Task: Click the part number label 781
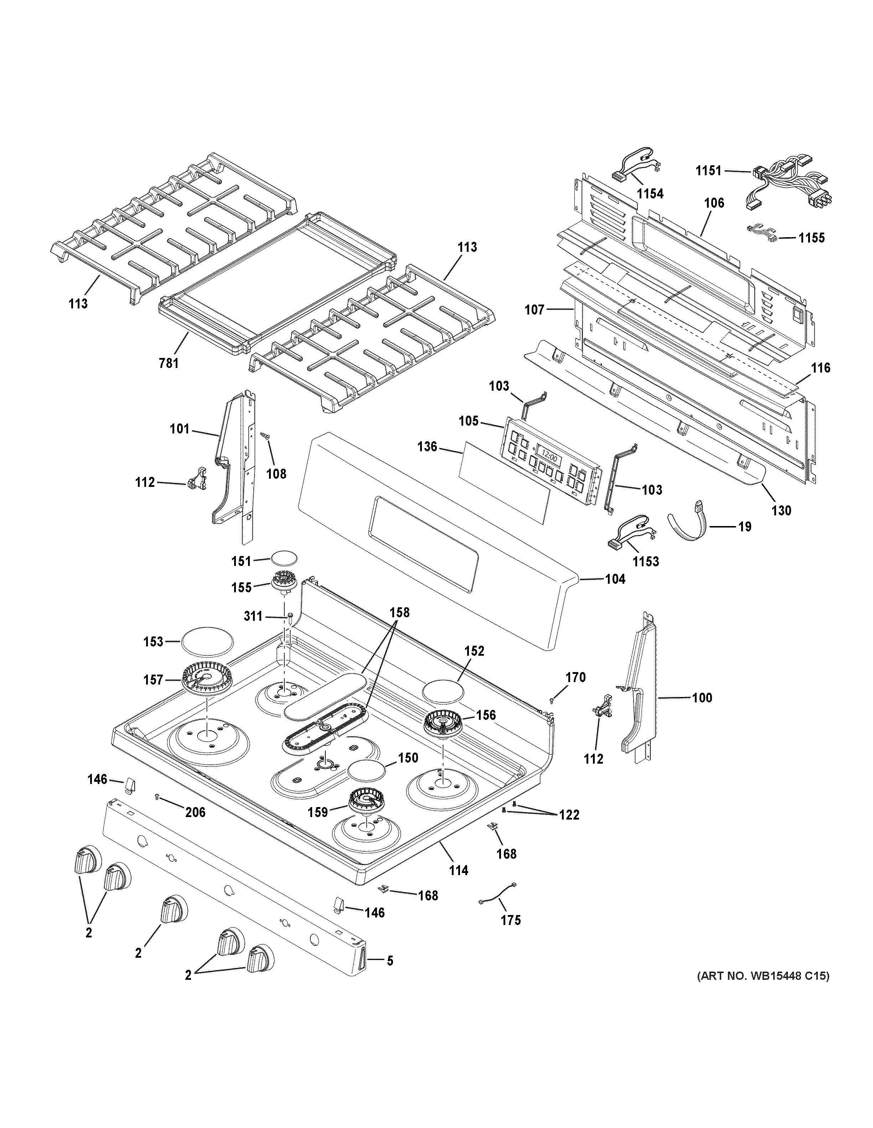tap(169, 363)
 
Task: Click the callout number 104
tap(615, 579)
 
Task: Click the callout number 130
tap(781, 510)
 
